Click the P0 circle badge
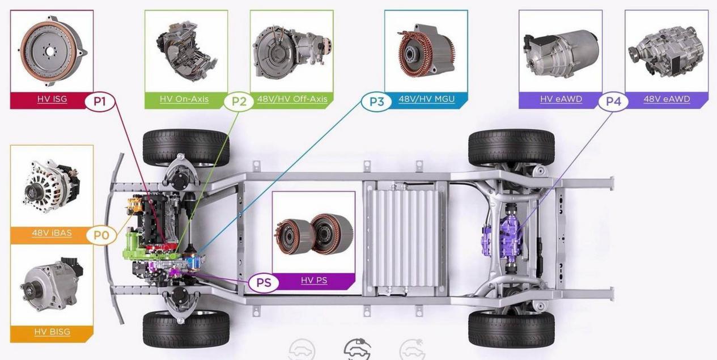pos(101,235)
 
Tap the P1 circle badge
pos(100,101)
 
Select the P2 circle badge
pos(239,101)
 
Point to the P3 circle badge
pos(377,101)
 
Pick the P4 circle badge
pos(613,101)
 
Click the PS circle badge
pos(264,283)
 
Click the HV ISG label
pos(52,99)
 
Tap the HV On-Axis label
pos(184,99)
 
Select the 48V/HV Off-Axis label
pos(292,99)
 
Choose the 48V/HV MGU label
pos(427,99)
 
